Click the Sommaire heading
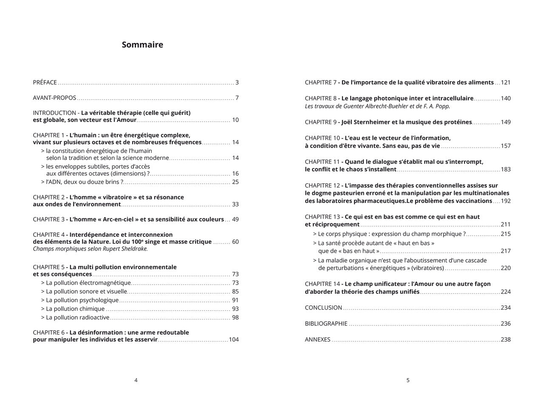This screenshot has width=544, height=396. pyautogui.click(x=142, y=45)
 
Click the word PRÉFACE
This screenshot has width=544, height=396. pyautogui.click(x=45, y=83)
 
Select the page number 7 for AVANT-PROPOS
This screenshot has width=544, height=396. pyautogui.click(x=237, y=98)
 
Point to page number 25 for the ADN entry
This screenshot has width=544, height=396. pyautogui.click(x=235, y=182)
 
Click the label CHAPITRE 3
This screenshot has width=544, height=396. pyautogui.click(x=49, y=219)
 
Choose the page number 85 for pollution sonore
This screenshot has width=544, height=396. pyautogui.click(x=235, y=291)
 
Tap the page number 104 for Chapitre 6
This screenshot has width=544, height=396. pyautogui.click(x=234, y=339)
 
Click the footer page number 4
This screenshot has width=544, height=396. pyautogui.click(x=136, y=380)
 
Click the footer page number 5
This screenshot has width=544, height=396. pyautogui.click(x=408, y=380)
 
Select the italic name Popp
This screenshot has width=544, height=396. pyautogui.click(x=442, y=106)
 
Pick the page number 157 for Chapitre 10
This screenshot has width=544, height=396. pyautogui.click(x=506, y=146)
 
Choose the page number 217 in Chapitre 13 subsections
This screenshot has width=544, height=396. pyautogui.click(x=506, y=251)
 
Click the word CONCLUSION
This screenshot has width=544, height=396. pyautogui.click(x=323, y=308)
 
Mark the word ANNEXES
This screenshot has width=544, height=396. pyautogui.click(x=317, y=339)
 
